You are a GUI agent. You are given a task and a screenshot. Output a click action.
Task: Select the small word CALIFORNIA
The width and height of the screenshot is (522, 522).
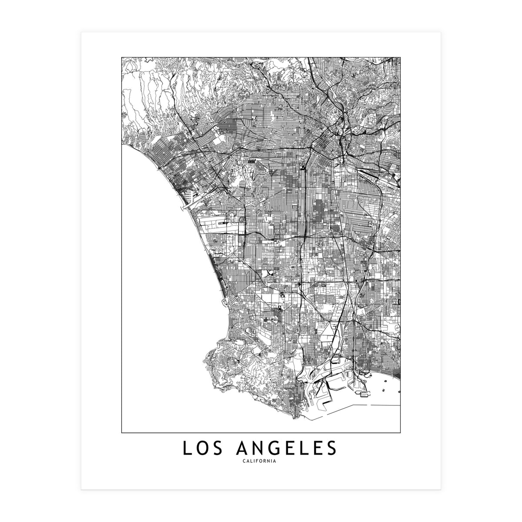coord(261,462)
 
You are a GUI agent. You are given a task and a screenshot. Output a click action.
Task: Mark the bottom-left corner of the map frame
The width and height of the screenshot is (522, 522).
coord(122,432)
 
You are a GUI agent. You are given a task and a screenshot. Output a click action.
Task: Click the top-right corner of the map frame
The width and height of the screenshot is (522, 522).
coord(400,57)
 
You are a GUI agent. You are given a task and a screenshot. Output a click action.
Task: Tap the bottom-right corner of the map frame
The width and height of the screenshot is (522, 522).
coord(400,432)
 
